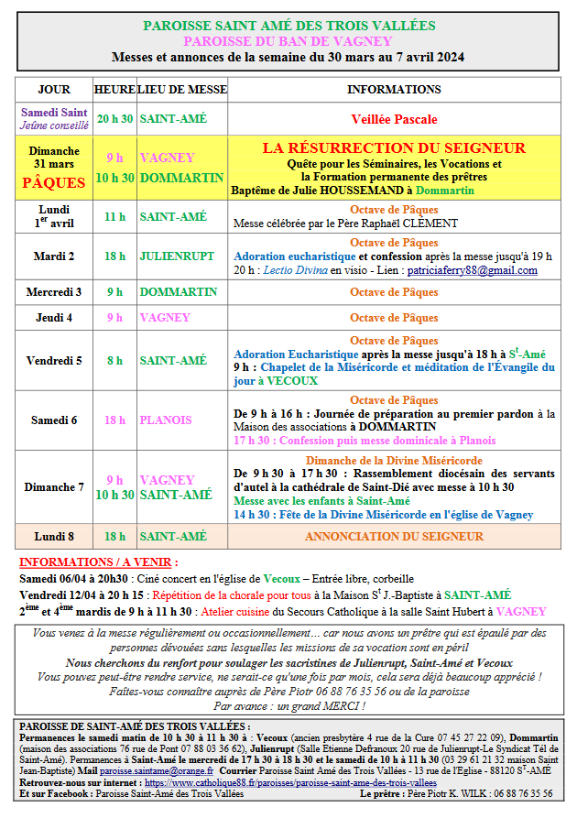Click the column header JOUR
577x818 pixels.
[x=54, y=90]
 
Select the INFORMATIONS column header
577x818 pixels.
[x=394, y=90]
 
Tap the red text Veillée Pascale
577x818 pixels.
[x=394, y=119]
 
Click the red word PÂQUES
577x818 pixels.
[x=54, y=182]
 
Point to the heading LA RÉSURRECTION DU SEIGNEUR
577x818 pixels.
[x=394, y=148]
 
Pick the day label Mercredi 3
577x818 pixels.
[x=54, y=292]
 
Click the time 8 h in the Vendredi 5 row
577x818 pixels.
[x=114, y=361]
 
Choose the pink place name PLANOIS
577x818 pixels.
[x=166, y=420]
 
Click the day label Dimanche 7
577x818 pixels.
[x=54, y=487]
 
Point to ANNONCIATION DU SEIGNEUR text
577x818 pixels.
[x=394, y=536]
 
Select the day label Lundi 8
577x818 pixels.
[x=54, y=536]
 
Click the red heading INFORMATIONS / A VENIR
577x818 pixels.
[x=99, y=562]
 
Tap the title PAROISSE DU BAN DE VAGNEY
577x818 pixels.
[x=288, y=41]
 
